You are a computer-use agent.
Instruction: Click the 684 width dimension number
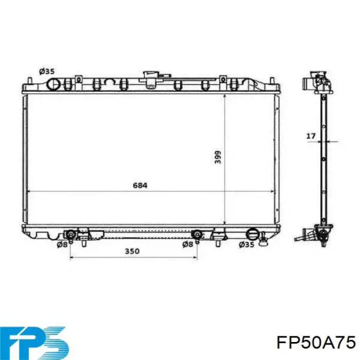click(140, 185)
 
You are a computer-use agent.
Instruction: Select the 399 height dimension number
click(218, 157)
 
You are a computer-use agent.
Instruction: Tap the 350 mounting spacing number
click(132, 251)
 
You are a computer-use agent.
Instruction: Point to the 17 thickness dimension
click(311, 136)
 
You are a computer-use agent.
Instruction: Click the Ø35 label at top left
click(47, 71)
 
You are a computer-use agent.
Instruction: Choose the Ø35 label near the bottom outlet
click(246, 245)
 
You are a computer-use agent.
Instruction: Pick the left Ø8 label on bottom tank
click(62, 245)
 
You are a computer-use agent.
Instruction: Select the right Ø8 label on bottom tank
click(188, 245)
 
